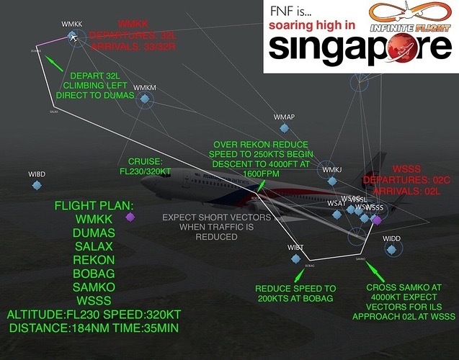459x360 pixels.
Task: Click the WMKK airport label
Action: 72,24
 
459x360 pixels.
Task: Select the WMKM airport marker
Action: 144,102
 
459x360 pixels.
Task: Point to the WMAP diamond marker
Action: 285,128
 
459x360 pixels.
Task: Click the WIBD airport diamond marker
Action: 37,186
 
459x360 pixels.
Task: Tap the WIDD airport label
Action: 392,238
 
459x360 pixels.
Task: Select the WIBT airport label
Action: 296,247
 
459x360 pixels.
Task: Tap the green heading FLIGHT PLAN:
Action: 94,205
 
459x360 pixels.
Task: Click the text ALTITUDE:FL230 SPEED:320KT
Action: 94,315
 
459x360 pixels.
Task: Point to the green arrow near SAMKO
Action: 373,269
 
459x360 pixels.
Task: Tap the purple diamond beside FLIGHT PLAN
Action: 130,217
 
